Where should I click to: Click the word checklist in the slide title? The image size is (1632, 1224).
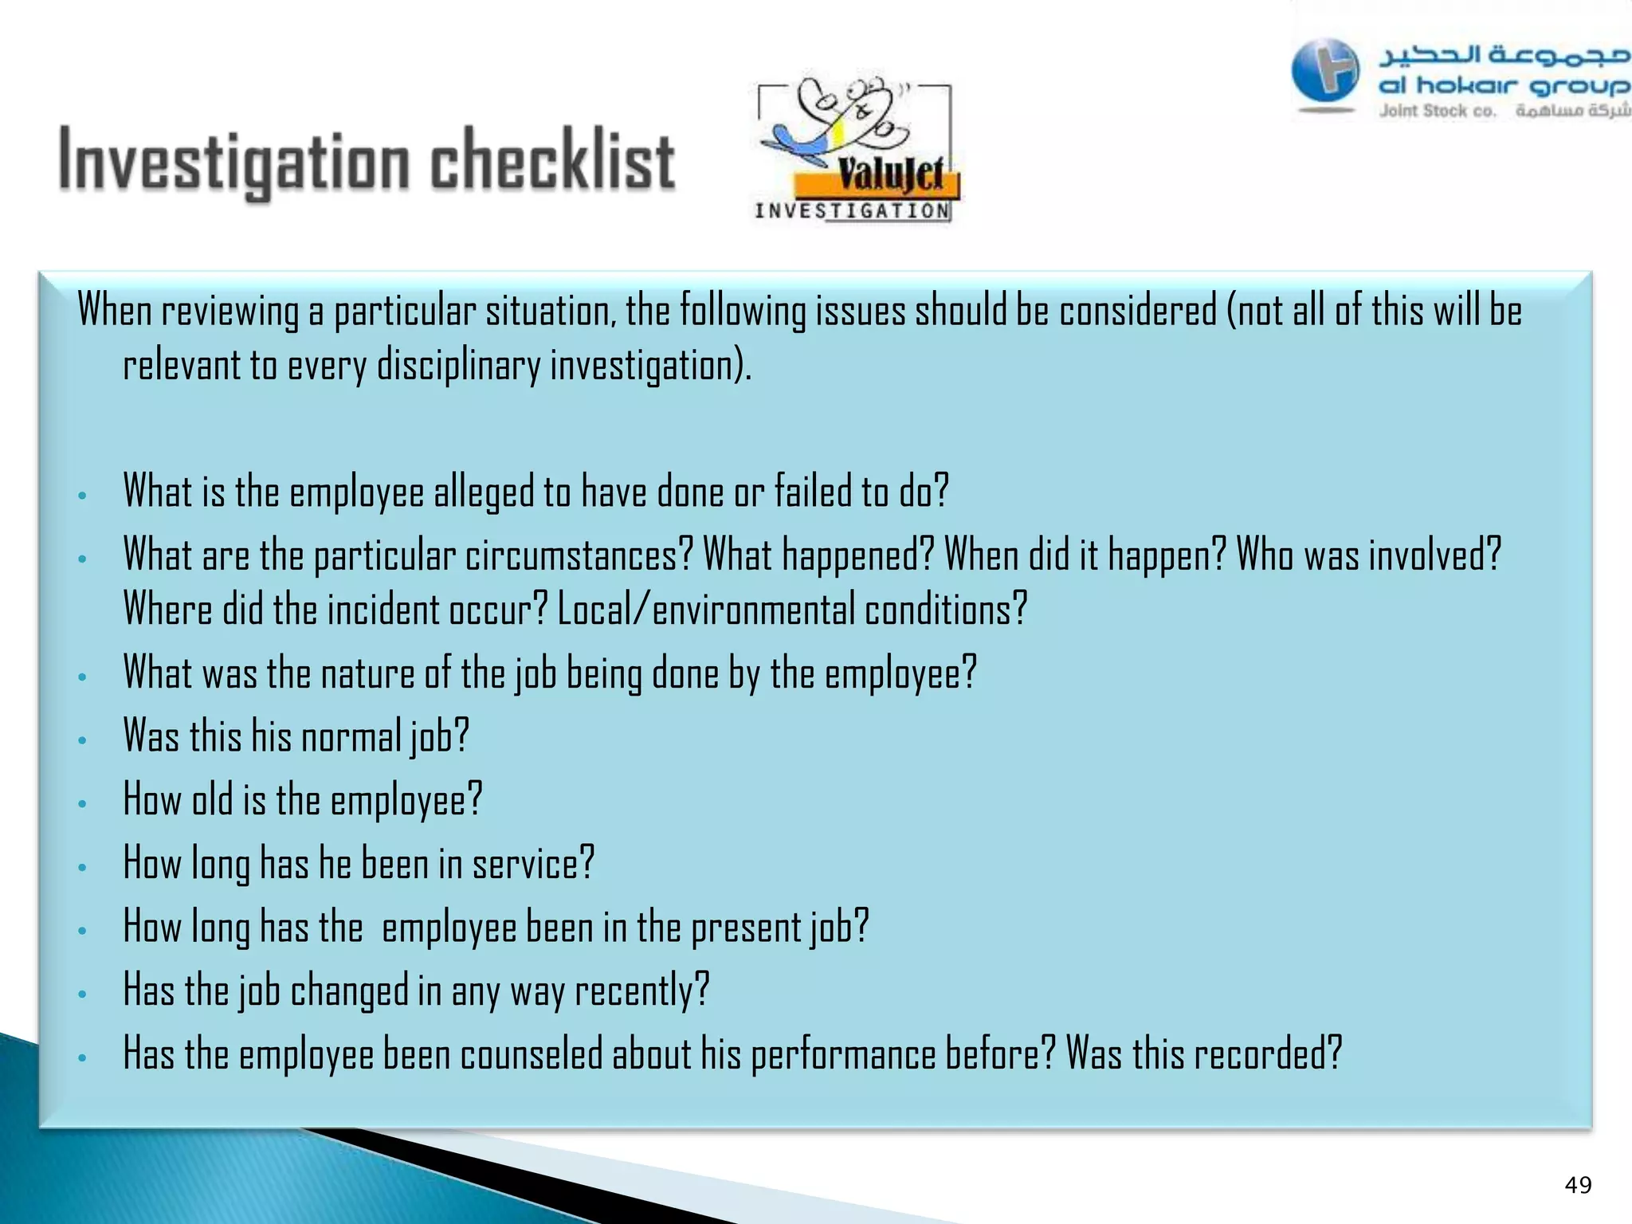point(552,162)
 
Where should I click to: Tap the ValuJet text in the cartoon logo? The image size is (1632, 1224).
point(890,174)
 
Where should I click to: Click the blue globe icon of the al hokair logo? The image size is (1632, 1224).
point(1325,72)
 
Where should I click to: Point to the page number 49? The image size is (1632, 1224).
point(1578,1185)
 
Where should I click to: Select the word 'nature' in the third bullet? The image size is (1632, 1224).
point(367,673)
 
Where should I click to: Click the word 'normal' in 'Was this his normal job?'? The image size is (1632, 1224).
point(351,736)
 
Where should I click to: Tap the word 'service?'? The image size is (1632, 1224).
point(533,863)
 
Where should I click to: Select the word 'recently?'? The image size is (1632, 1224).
point(641,991)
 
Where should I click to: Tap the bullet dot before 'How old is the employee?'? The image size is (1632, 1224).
point(82,803)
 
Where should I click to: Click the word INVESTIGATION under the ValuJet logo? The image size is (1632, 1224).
point(852,211)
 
